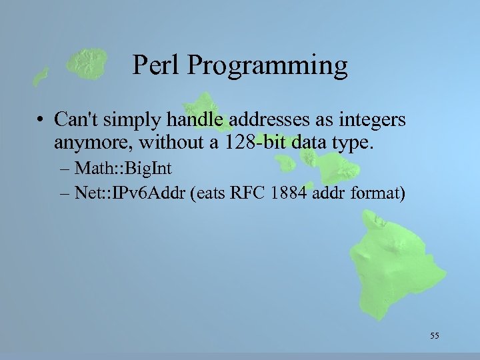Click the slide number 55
pyautogui.click(x=435, y=335)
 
